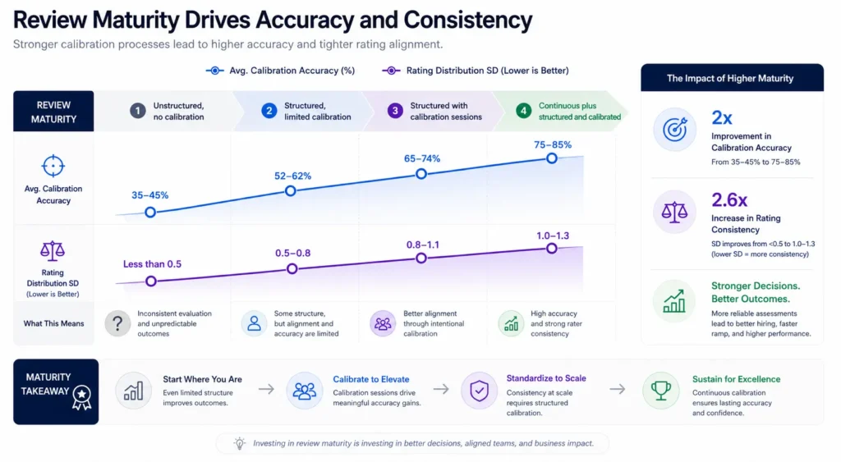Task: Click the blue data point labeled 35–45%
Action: [x=149, y=212]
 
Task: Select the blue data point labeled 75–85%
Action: [x=552, y=158]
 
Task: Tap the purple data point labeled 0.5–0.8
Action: [x=291, y=269]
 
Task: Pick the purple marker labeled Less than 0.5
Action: [x=150, y=281]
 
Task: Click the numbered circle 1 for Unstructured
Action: [x=138, y=112]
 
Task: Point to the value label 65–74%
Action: [x=420, y=157]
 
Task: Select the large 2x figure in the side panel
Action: [x=723, y=118]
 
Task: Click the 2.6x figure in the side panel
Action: [x=729, y=199]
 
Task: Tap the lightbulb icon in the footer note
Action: [x=239, y=443]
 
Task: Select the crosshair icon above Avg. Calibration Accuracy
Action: [x=53, y=166]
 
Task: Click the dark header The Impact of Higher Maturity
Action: [x=729, y=78]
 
